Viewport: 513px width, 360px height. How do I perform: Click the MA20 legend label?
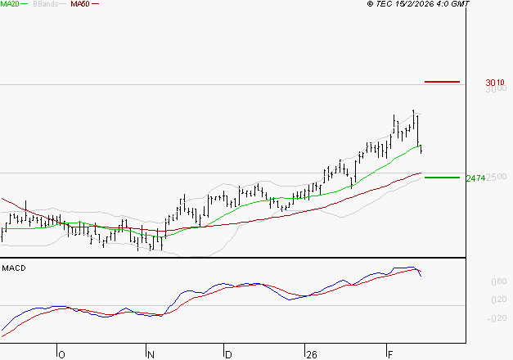point(11,4)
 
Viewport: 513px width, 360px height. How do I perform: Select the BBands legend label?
point(45,4)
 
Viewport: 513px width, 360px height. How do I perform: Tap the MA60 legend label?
point(80,4)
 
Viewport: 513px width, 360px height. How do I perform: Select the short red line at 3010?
point(443,82)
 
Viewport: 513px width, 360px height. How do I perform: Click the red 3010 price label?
point(494,83)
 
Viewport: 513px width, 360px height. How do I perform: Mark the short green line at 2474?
point(443,177)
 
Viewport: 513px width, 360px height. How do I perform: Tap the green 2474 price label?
point(475,178)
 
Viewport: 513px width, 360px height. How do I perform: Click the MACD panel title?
point(13,268)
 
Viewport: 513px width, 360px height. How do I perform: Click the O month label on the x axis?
point(61,354)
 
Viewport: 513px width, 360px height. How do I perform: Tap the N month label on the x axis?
point(151,354)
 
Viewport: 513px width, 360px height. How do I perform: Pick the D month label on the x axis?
point(228,354)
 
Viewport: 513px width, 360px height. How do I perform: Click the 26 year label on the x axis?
point(310,354)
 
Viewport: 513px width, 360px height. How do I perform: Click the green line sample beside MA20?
point(29,4)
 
